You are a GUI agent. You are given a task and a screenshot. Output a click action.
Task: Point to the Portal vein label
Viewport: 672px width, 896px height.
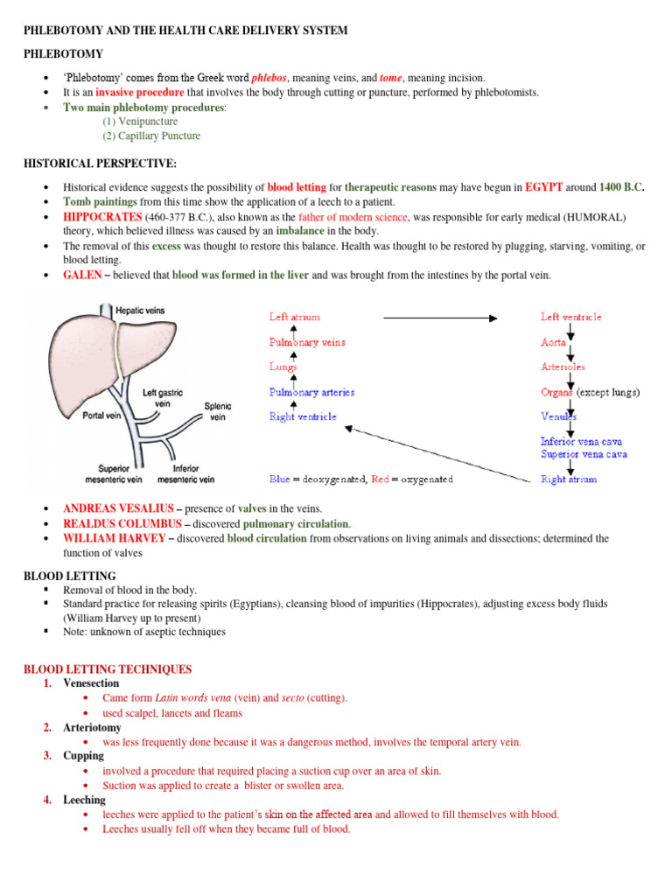pos(101,416)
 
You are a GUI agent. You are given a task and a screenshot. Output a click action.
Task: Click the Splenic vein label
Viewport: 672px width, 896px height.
pos(218,411)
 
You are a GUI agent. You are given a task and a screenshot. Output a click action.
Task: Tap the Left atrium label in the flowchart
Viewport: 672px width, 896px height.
pos(295,317)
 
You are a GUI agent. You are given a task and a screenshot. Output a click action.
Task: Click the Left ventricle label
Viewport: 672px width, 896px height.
pos(570,317)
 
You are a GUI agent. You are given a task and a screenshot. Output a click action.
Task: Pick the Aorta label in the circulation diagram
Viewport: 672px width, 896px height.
pos(553,342)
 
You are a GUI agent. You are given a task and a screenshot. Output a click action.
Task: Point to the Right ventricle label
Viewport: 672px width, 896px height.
pos(303,417)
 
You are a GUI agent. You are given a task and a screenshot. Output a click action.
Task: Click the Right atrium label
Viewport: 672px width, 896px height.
pos(569,479)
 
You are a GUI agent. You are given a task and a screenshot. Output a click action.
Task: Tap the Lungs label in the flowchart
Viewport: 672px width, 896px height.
pos(283,367)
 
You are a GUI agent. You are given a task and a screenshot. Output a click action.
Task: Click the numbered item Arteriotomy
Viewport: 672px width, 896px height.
pos(92,727)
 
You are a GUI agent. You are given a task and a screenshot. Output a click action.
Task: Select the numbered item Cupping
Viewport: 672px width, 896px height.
pos(83,755)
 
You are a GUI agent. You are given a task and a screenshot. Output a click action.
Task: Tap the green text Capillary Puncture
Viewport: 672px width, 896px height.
pos(151,136)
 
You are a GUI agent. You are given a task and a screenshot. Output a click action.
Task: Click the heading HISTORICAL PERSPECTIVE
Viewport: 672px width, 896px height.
pos(101,164)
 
